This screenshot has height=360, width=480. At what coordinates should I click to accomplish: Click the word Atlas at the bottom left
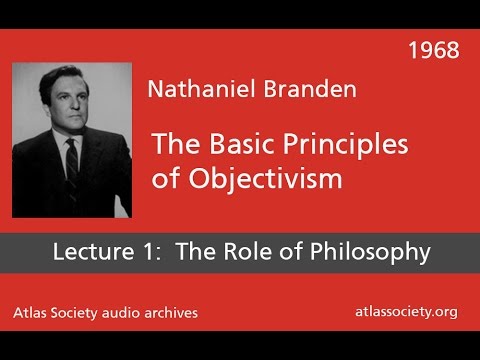pyautogui.click(x=40, y=313)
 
